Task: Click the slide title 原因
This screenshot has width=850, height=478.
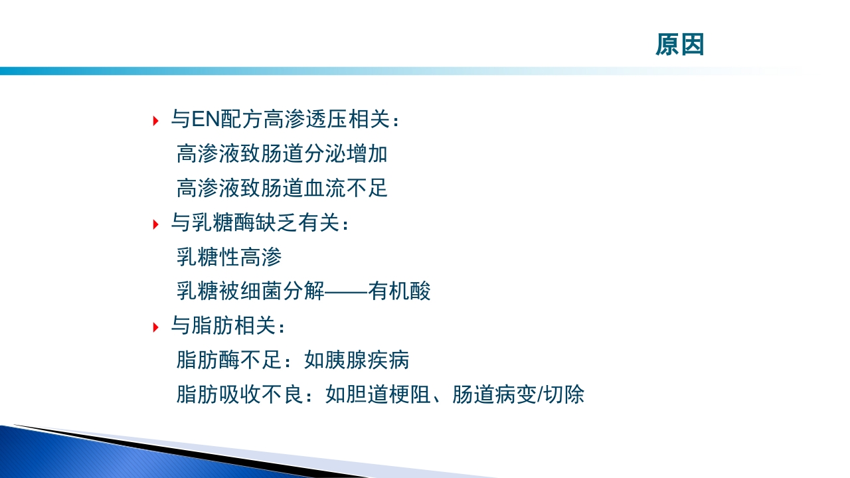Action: pos(679,45)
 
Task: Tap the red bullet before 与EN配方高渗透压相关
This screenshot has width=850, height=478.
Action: pos(155,121)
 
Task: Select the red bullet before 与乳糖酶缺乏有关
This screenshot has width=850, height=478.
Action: pos(155,224)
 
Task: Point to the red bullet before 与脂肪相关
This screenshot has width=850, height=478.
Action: pos(155,327)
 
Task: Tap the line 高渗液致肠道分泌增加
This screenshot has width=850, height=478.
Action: pos(282,155)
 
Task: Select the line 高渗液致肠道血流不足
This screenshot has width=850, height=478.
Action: pos(282,189)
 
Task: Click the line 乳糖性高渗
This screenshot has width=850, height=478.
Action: pos(229,258)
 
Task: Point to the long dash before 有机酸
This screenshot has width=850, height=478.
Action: pos(347,291)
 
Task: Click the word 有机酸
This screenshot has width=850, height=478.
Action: pos(400,291)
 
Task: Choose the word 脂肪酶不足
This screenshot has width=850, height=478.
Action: pos(229,360)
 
